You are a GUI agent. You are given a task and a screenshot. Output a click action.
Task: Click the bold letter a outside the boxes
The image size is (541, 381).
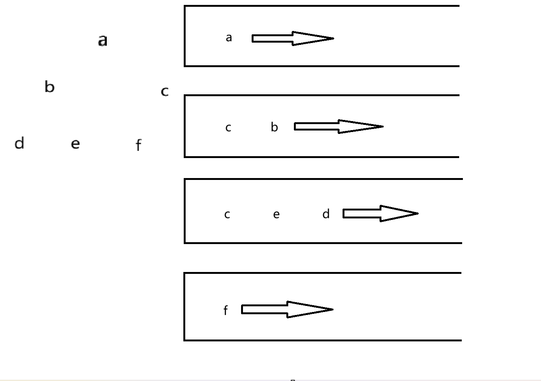103,40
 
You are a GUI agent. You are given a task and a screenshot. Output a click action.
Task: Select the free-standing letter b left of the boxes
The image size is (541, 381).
49,87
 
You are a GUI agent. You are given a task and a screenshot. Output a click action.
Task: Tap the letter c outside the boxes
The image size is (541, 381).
164,91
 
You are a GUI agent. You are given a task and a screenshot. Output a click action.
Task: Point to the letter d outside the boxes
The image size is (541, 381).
19,143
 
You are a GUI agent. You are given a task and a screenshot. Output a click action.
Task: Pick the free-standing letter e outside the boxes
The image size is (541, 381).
75,144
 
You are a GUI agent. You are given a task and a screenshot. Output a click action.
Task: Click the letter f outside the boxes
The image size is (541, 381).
138,145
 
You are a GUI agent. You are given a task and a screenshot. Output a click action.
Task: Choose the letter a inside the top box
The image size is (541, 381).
229,38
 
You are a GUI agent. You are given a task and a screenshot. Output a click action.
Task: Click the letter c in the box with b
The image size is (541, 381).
228,128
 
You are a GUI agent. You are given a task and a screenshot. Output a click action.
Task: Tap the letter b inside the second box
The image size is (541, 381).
274,127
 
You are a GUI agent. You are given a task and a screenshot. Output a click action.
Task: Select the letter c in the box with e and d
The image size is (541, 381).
227,214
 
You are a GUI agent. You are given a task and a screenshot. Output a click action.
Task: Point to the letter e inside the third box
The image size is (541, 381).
276,214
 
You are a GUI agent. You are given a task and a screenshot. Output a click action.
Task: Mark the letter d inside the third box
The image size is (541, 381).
326,214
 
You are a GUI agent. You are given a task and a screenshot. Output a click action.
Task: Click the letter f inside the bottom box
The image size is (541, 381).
226,310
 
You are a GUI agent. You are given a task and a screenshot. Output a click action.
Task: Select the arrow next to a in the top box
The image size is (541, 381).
292,38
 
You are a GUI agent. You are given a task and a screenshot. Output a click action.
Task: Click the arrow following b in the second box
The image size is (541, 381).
338,126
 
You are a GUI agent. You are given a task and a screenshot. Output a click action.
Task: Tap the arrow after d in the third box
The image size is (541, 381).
380,214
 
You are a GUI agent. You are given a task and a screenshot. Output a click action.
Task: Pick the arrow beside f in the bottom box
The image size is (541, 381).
287,309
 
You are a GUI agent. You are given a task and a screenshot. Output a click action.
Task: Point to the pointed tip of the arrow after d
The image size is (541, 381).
417,214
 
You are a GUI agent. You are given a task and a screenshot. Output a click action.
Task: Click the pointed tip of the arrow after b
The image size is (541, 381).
383,126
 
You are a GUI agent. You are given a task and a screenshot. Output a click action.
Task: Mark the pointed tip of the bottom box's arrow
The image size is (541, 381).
332,309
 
